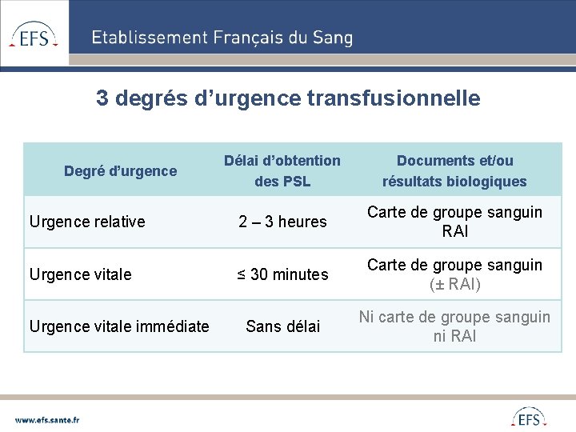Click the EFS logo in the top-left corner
click(x=34, y=34)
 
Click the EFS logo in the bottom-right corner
click(x=529, y=418)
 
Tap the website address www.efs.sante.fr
click(x=47, y=418)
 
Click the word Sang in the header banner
click(x=335, y=38)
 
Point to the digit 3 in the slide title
click(x=102, y=98)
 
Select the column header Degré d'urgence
click(x=120, y=170)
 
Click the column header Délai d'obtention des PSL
click(x=282, y=170)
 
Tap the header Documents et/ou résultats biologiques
click(x=454, y=170)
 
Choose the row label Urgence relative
click(x=87, y=222)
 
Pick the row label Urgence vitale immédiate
click(x=119, y=326)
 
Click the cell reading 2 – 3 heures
click(x=282, y=222)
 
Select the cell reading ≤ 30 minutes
click(x=282, y=274)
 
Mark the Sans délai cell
click(x=282, y=326)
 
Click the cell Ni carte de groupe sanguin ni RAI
click(x=454, y=326)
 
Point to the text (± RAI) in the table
click(x=454, y=284)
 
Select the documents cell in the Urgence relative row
click(x=454, y=222)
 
